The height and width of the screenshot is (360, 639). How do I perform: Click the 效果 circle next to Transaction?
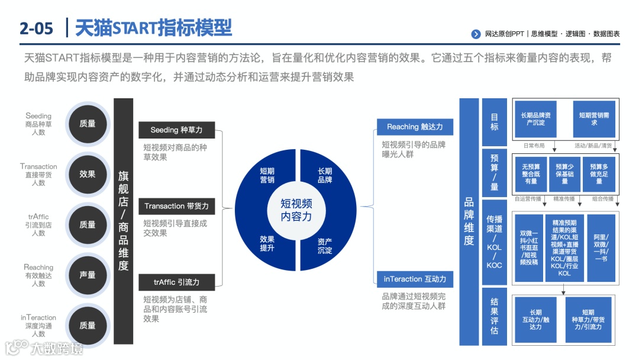click(x=87, y=174)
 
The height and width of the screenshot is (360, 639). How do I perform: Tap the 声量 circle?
click(x=87, y=275)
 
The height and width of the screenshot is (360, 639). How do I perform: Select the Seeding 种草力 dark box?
click(x=176, y=130)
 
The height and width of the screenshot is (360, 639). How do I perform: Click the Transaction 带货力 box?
click(x=176, y=206)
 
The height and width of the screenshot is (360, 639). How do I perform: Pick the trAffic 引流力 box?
click(x=176, y=282)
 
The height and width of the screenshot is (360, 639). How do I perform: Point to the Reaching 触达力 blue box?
click(x=415, y=127)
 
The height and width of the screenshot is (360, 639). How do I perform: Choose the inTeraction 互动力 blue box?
click(x=415, y=279)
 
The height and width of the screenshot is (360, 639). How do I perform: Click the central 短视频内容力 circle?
click(x=296, y=210)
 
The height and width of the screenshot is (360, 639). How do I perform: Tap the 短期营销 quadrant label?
click(x=267, y=175)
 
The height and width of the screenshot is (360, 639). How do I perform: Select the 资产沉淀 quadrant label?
click(x=325, y=246)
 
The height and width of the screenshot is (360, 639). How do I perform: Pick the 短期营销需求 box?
click(x=594, y=119)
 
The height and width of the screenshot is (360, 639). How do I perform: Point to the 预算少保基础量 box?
click(x=565, y=174)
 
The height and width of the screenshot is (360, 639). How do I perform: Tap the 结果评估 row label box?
click(x=495, y=316)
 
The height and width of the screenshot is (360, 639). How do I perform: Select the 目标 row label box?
click(x=495, y=122)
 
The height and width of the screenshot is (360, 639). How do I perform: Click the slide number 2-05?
click(x=36, y=28)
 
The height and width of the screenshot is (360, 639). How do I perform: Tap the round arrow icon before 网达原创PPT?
click(x=476, y=34)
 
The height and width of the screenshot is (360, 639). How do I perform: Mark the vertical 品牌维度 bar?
click(x=469, y=221)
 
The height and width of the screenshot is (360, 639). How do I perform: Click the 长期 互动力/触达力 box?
click(x=535, y=319)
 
